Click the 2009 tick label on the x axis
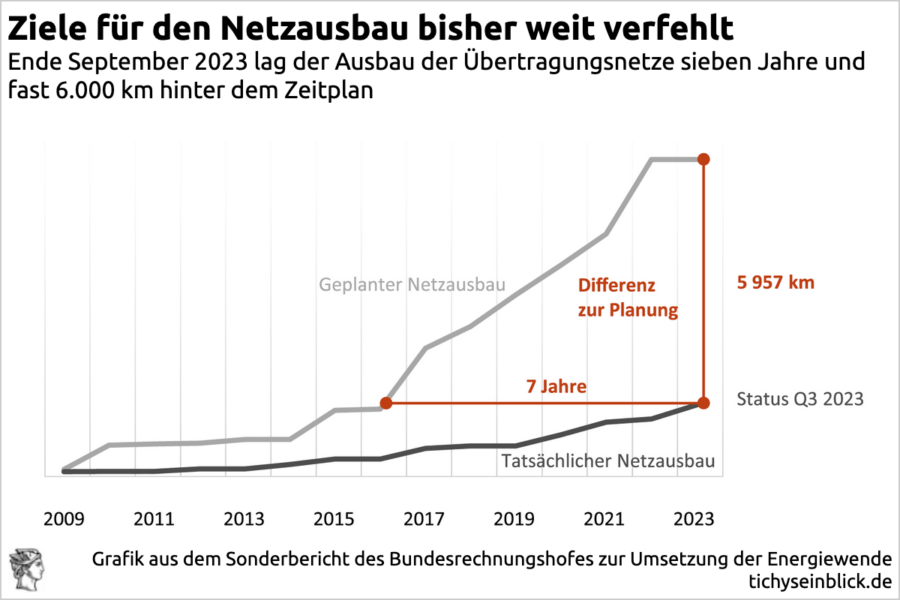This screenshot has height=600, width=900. (64, 519)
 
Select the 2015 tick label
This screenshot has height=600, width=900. (334, 519)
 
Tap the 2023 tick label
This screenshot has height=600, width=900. (694, 519)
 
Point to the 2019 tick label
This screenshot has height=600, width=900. (514, 519)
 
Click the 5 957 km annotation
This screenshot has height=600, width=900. (775, 283)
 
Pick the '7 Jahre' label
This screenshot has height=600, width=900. (556, 387)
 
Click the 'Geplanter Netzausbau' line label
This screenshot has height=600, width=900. (412, 285)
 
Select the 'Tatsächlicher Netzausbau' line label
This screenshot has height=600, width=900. (607, 460)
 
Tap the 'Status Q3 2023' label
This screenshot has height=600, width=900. (800, 399)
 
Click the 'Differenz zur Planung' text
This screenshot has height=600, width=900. (627, 298)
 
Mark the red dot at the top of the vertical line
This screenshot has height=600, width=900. (703, 159)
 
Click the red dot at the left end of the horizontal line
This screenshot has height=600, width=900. (386, 403)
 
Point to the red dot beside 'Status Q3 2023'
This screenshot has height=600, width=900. (703, 403)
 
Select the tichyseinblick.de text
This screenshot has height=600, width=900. (820, 581)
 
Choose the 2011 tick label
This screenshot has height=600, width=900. (154, 519)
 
